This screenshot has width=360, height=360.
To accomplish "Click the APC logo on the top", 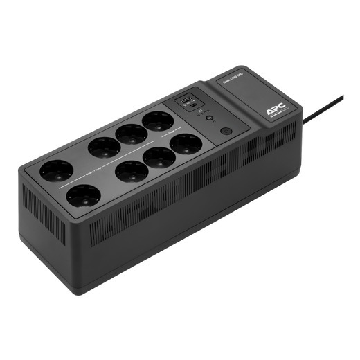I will (x=275, y=109).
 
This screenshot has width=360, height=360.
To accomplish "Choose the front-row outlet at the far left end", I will (x=83, y=196).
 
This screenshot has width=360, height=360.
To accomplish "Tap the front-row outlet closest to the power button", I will (x=186, y=145).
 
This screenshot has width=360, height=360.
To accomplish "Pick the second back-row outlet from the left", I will (x=105, y=147).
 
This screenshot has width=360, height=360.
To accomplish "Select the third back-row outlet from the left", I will (x=132, y=134).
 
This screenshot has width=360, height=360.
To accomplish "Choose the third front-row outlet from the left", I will (x=159, y=157).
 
